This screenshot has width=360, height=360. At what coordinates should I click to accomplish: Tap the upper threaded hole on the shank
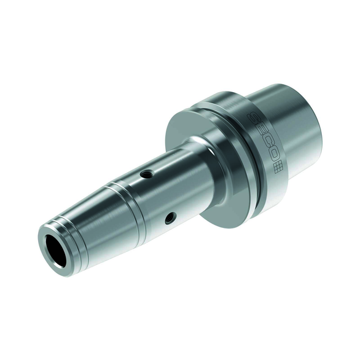[x=146, y=174]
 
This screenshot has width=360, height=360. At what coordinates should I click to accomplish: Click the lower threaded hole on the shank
[x=171, y=217]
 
